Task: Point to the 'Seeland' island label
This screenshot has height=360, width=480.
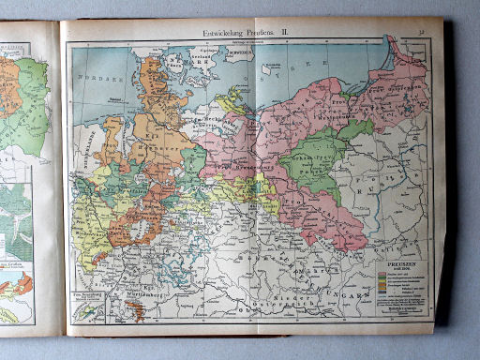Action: pos(191,56)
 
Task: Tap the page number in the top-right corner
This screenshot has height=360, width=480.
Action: pos(425,33)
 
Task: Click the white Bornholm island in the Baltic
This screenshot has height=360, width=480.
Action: pos(268,69)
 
